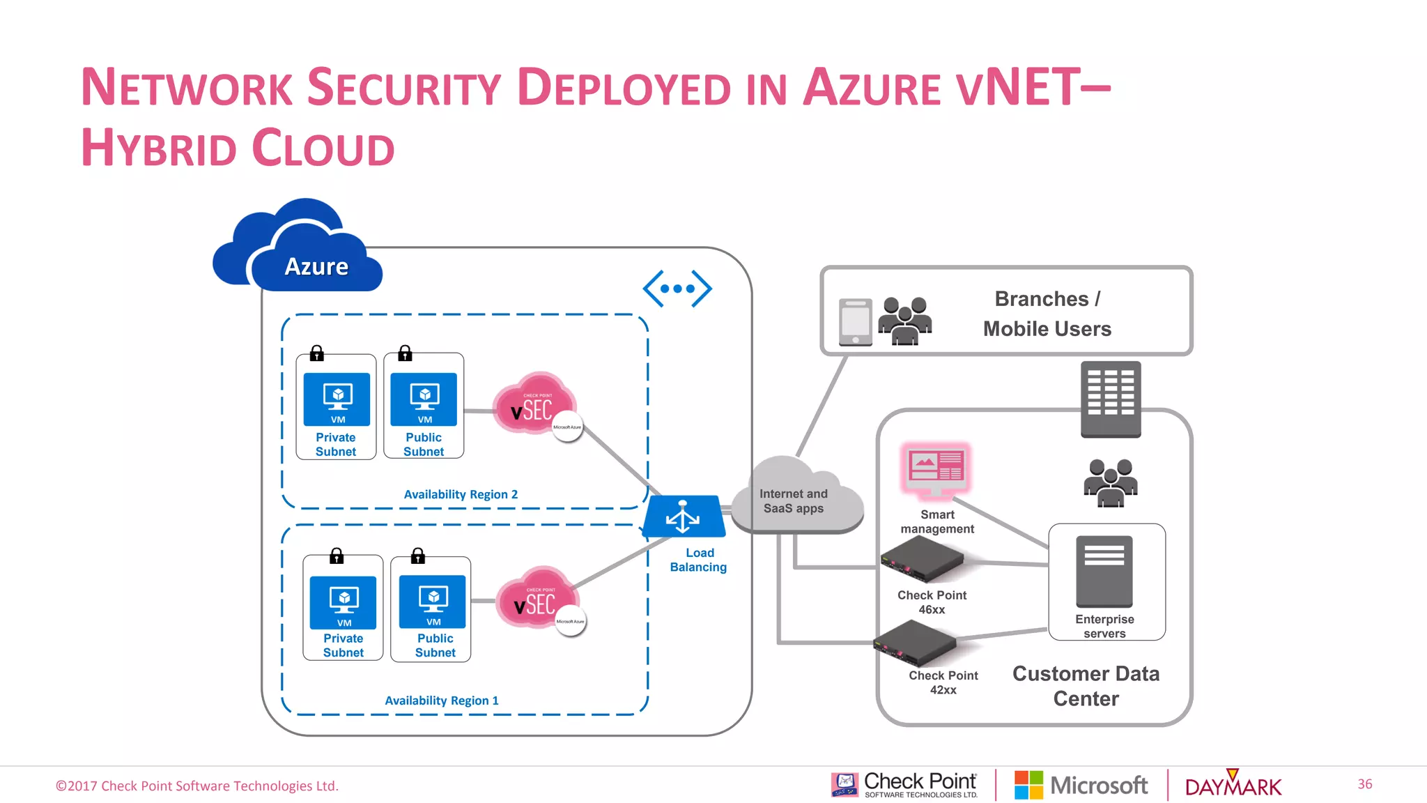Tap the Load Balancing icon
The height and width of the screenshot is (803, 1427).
click(x=684, y=517)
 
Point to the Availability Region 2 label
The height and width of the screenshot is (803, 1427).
click(x=461, y=494)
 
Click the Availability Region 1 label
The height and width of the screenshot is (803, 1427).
click(x=442, y=701)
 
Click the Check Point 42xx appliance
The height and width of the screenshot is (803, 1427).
click(x=915, y=643)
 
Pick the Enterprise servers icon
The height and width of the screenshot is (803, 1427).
click(x=1104, y=572)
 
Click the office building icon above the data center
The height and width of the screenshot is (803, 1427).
click(x=1111, y=399)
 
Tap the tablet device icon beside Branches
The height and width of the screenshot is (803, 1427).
click(x=856, y=322)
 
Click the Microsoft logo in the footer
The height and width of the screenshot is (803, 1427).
click(x=1081, y=786)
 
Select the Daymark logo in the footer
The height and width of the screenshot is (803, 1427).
click(x=1233, y=786)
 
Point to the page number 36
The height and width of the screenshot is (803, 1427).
click(x=1364, y=784)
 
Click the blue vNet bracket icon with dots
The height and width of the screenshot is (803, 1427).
click(x=677, y=289)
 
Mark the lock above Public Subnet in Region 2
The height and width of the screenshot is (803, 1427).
click(x=405, y=353)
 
